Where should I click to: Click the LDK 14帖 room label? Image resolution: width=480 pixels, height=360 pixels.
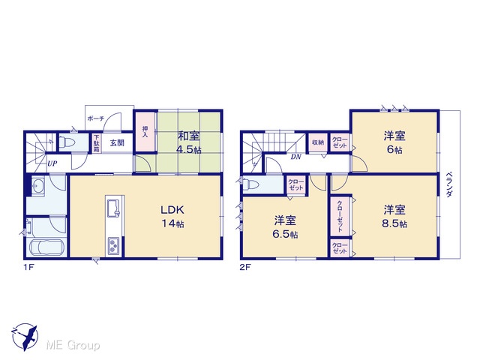[172, 217]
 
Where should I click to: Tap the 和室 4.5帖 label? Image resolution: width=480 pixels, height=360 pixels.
[189, 142]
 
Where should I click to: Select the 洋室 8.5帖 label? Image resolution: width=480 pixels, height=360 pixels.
[394, 217]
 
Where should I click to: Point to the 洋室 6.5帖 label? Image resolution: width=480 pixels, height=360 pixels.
[285, 227]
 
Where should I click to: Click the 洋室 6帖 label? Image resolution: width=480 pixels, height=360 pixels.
[394, 142]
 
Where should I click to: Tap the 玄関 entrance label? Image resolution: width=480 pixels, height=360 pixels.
[117, 142]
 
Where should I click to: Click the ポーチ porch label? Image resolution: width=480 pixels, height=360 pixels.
[95, 118]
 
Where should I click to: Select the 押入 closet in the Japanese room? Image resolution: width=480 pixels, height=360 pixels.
[145, 132]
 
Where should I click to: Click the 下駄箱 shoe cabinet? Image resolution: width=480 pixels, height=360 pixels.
[97, 143]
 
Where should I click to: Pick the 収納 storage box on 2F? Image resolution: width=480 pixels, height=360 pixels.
[318, 142]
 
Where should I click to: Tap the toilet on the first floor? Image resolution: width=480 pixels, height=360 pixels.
[65, 142]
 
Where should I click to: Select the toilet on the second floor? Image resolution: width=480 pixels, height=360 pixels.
[250, 184]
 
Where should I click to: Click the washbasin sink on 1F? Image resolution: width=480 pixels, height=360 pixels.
[38, 186]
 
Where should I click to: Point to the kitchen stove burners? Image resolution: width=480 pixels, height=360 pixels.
[115, 246]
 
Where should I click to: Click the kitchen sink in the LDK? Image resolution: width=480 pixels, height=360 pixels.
[115, 208]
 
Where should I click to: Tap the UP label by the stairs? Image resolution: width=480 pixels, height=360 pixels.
[52, 163]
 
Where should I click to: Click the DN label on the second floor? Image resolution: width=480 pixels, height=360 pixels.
[296, 157]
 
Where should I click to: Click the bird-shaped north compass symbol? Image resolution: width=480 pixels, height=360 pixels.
[25, 337]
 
